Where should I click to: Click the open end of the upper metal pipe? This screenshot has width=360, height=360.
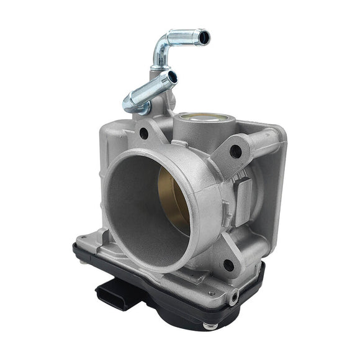[204, 38]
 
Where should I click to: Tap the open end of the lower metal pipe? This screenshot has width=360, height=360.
[172, 78]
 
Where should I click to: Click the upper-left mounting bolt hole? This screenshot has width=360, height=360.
[144, 133]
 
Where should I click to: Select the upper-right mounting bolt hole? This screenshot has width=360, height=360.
[235, 150]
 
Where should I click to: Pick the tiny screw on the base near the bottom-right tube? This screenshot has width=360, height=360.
[212, 292]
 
